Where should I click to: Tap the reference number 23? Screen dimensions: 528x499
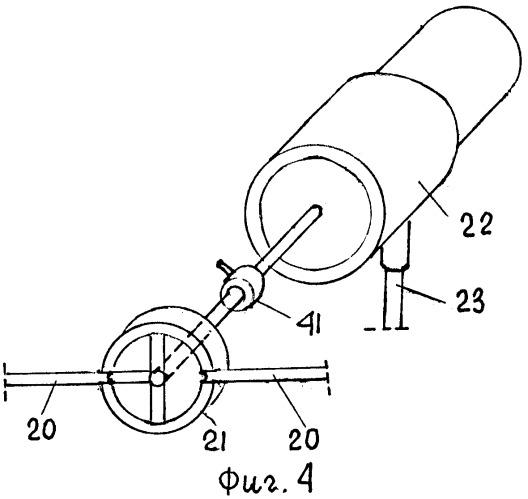tap(470, 301)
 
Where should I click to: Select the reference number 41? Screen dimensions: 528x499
tap(308, 324)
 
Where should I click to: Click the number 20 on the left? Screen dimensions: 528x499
tap(42, 428)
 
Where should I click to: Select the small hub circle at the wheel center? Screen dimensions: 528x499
tap(157, 378)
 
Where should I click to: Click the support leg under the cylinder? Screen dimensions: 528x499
tap(394, 287)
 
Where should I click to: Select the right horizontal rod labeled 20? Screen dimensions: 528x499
tap(266, 374)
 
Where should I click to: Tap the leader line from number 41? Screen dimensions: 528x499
tap(273, 305)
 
